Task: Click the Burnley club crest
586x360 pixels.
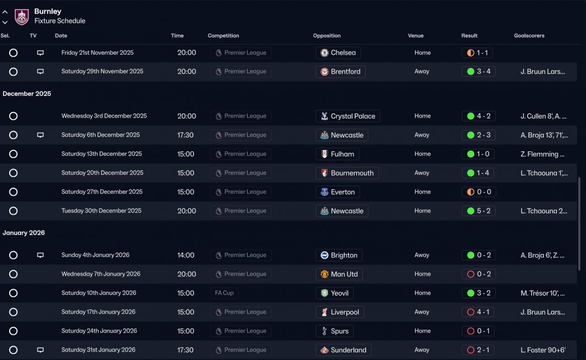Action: pyautogui.click(x=22, y=16)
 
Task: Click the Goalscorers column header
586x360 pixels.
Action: pyautogui.click(x=529, y=36)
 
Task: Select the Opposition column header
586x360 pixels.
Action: pyautogui.click(x=326, y=36)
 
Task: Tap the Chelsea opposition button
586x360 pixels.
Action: pyautogui.click(x=338, y=53)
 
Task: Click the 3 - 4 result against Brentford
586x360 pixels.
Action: pyautogui.click(x=478, y=71)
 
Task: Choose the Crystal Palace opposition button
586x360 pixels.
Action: pyautogui.click(x=347, y=116)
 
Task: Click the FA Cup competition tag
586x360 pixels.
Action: pyautogui.click(x=224, y=293)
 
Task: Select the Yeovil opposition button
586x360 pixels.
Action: pyautogui.click(x=334, y=293)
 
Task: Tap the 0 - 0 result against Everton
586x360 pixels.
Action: pyautogui.click(x=478, y=192)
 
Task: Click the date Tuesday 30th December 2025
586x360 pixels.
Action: pyautogui.click(x=101, y=211)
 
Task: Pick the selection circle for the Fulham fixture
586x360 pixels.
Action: pyautogui.click(x=13, y=154)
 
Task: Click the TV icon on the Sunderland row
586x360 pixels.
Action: pyautogui.click(x=40, y=350)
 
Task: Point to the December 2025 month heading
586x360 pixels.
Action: pyautogui.click(x=27, y=94)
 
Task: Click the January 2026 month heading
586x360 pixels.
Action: pyautogui.click(x=24, y=233)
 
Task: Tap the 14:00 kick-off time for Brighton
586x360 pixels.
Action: pyautogui.click(x=186, y=255)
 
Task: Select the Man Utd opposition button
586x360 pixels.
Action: pyautogui.click(x=339, y=274)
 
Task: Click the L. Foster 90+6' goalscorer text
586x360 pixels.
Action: pyautogui.click(x=543, y=350)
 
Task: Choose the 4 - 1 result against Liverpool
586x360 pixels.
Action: pyautogui.click(x=478, y=312)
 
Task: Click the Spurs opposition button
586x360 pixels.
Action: pyautogui.click(x=334, y=331)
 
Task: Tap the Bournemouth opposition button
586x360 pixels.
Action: pyautogui.click(x=347, y=173)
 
